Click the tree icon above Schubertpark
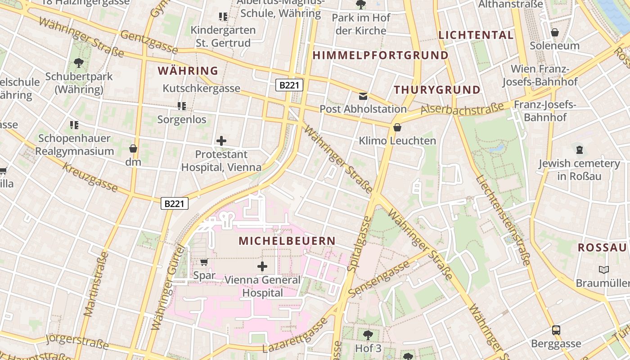coord(79,63)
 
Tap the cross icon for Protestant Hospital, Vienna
coord(221,141)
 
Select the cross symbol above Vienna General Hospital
coord(262,266)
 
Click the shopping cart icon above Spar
coord(204,262)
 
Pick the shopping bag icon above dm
coord(133,148)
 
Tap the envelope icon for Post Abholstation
coord(363,96)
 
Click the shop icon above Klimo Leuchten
coord(397,127)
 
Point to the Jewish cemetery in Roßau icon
coord(579,150)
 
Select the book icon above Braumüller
coord(603,270)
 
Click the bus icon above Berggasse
coord(556,330)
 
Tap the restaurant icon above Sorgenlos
coord(182,106)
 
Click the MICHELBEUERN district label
coord(287,241)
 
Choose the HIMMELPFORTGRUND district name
coord(380,55)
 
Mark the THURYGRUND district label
coord(437,90)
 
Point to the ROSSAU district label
coord(602,247)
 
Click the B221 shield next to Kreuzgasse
coord(175,204)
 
